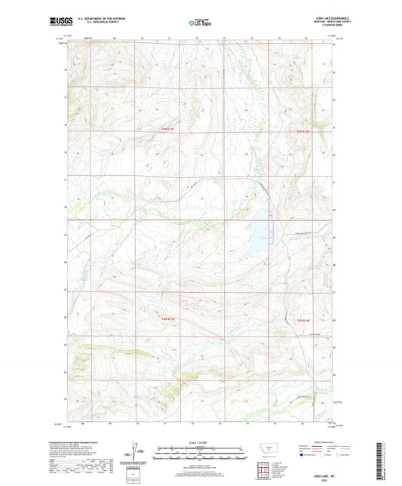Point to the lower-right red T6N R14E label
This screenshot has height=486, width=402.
point(300,321)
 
